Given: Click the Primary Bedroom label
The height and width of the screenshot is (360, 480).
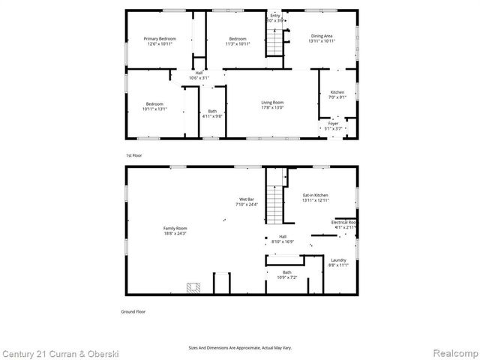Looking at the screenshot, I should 160,38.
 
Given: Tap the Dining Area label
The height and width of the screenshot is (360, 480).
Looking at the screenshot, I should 323,34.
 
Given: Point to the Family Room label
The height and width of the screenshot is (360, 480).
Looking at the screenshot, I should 175,228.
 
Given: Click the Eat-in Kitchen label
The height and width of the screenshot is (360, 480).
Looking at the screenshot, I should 315,195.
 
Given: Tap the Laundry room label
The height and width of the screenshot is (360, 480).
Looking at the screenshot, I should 338,260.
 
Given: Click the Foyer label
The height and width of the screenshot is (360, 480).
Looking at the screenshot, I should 332,124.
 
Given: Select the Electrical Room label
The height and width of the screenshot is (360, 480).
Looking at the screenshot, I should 344,222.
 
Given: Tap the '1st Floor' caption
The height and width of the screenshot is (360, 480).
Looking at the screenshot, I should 133,155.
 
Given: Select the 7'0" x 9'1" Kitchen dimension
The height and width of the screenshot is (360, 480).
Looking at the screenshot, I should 337,97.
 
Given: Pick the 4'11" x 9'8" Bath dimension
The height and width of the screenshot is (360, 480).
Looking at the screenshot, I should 212,115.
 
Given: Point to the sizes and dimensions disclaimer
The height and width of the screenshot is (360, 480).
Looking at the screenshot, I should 240,348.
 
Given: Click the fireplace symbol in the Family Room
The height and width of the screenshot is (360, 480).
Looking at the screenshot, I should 193,287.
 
